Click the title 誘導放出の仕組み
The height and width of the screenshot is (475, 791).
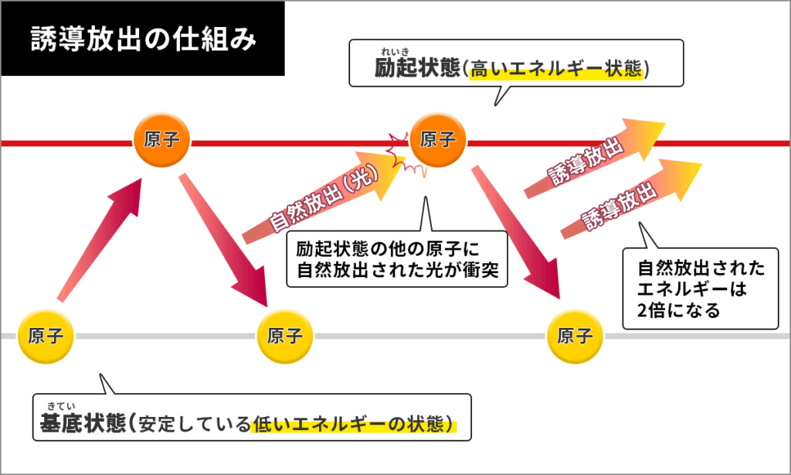pyautogui.click(x=143, y=39)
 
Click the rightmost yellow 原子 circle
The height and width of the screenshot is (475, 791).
pyautogui.click(x=574, y=337)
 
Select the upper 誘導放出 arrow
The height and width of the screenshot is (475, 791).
pyautogui.click(x=591, y=159)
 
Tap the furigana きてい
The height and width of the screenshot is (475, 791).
pyautogui.click(x=59, y=406)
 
